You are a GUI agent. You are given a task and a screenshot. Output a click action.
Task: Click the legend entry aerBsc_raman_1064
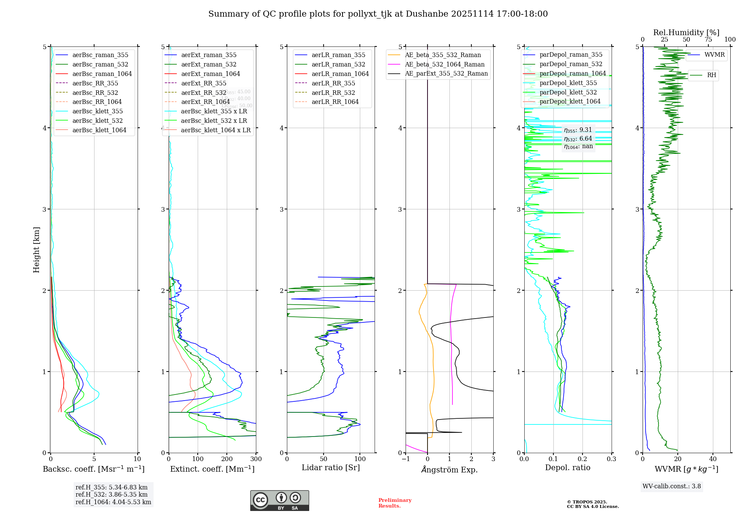tap(102, 74)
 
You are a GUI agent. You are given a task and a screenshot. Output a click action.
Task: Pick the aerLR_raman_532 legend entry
tap(338, 64)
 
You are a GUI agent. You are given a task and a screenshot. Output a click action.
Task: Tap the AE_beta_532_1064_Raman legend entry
tap(445, 64)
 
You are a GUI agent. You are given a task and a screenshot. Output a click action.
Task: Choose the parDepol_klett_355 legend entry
tap(568, 83)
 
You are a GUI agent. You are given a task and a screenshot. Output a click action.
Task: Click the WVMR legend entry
tap(714, 55)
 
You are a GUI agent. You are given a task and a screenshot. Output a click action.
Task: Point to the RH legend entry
tap(711, 75)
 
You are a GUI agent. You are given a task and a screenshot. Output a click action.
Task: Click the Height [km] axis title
tap(36, 250)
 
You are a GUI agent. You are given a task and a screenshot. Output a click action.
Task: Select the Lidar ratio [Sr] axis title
tap(331, 468)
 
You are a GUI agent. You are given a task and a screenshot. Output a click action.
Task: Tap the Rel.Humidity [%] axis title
tap(686, 33)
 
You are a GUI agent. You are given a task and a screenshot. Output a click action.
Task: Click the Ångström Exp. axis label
tap(449, 469)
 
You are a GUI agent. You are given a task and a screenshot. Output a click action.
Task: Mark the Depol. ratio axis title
tap(568, 468)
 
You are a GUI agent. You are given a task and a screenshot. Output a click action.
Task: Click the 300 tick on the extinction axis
tap(256, 459)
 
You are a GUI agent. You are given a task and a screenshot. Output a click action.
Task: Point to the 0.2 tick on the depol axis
tap(582, 459)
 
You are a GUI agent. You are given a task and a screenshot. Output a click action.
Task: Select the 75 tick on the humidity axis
tap(708, 40)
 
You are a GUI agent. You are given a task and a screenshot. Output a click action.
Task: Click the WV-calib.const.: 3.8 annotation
tap(672, 486)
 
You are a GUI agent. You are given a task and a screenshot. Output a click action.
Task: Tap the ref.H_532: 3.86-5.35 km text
tap(112, 495)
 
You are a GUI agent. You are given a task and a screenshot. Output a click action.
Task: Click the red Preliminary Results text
tap(395, 503)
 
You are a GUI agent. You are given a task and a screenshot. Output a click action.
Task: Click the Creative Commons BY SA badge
tap(279, 500)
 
